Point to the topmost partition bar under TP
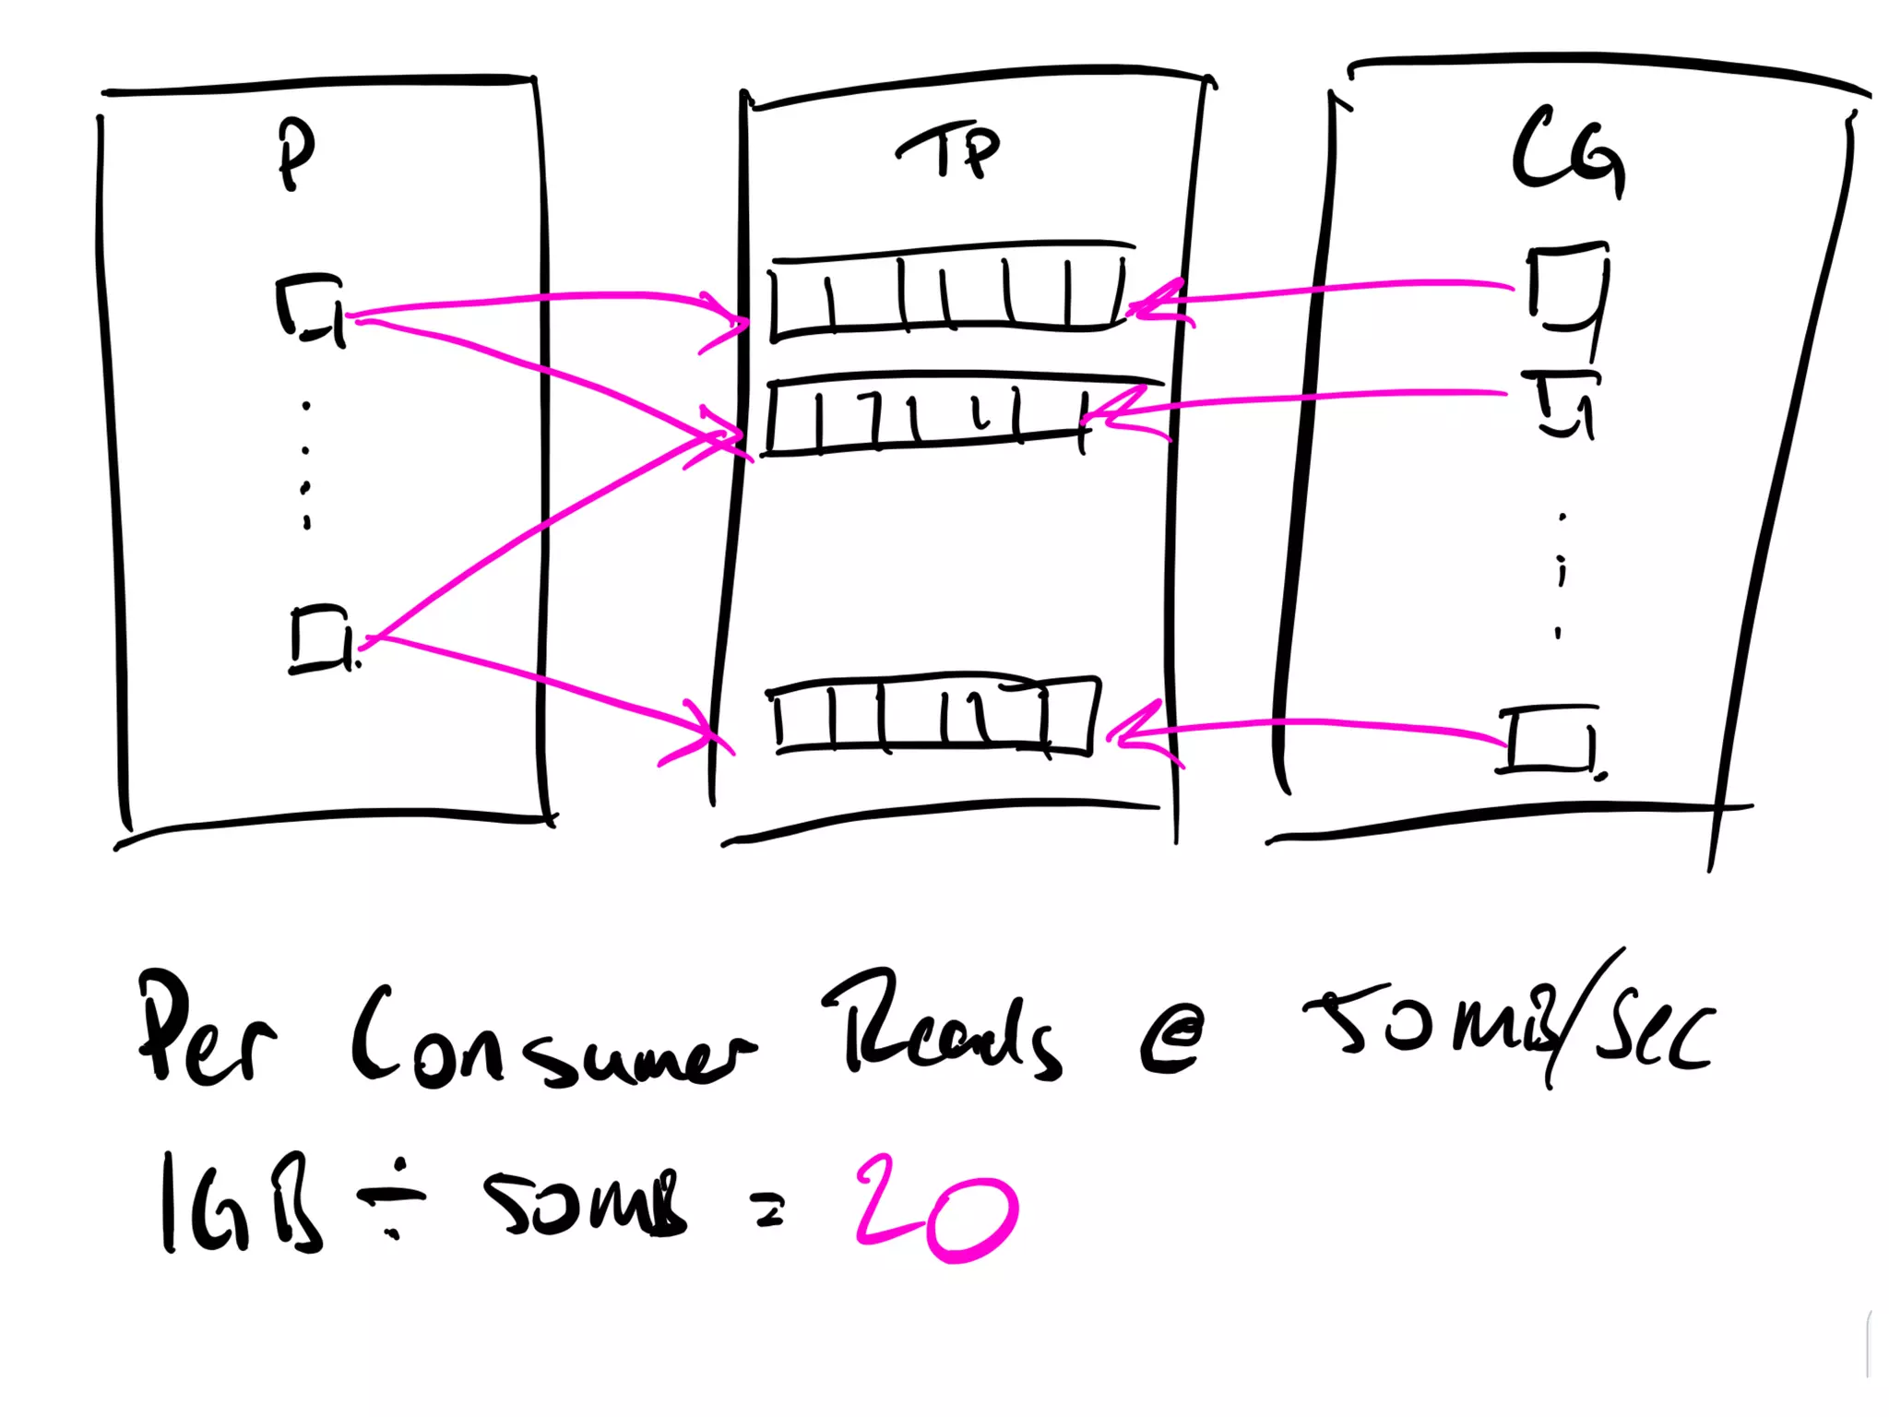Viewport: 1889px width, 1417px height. click(950, 291)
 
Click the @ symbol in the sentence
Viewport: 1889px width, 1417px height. click(1171, 1038)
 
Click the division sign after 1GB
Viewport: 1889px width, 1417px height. click(393, 1199)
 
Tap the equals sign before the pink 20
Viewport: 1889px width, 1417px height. click(769, 1209)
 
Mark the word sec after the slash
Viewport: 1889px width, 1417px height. click(1656, 1033)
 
